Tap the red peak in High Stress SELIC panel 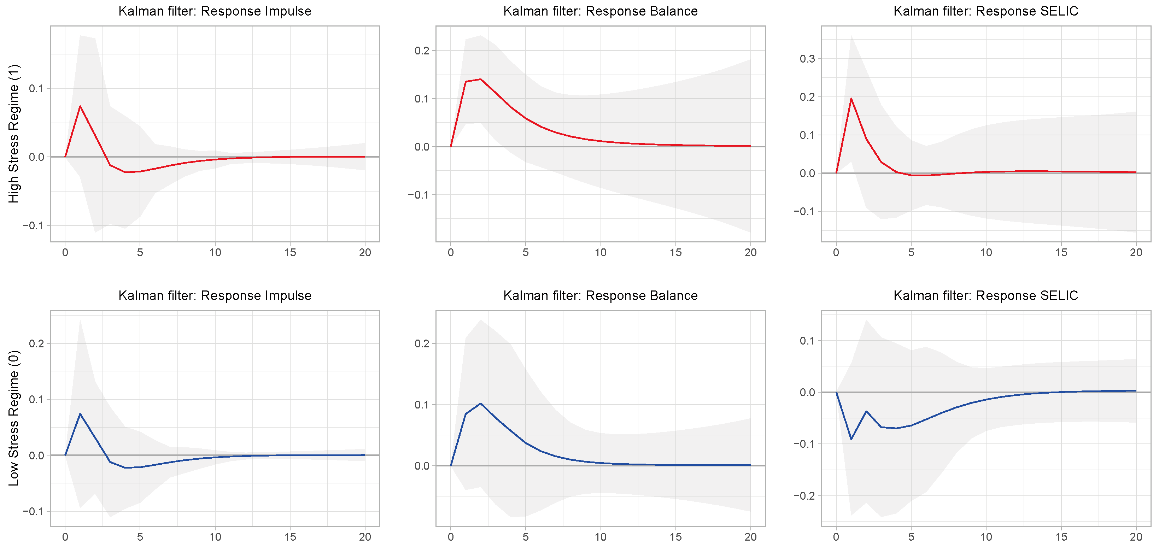coord(851,99)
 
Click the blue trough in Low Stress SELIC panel coord(851,439)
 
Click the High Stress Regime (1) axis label coord(14,134)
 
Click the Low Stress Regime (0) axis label coord(14,418)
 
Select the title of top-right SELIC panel coord(985,11)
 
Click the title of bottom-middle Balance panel coord(600,295)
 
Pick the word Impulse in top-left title coord(288,11)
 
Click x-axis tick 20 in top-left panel coord(365,253)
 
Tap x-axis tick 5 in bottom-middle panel coord(526,537)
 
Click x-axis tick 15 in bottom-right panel coord(1061,537)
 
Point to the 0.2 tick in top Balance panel coord(422,51)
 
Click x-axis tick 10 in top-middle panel coord(600,253)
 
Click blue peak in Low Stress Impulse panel coord(80,414)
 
